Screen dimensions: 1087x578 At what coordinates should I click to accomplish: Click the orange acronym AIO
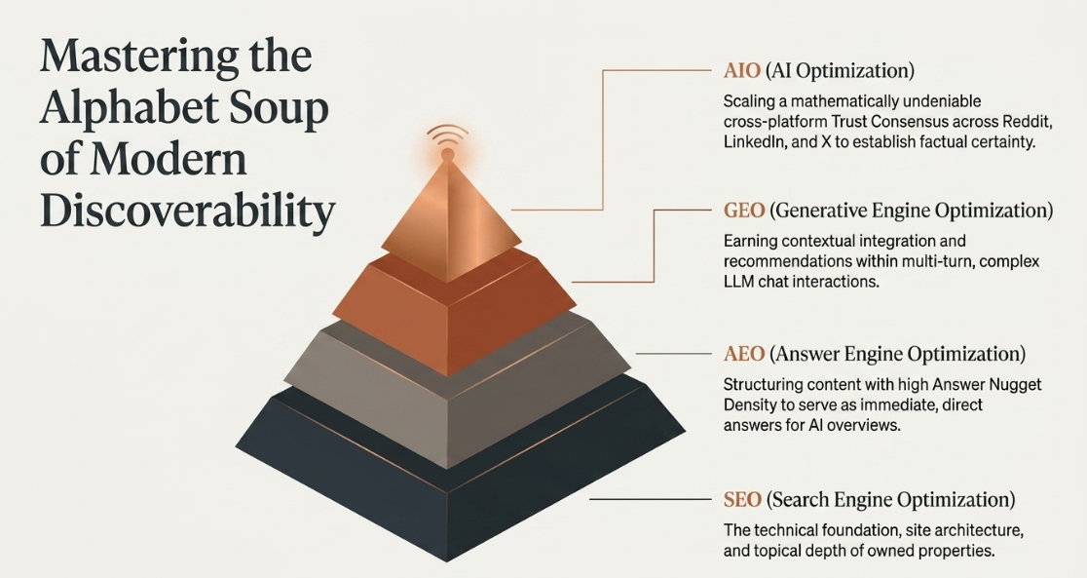point(742,71)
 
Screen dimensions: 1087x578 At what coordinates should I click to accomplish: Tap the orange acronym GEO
point(744,211)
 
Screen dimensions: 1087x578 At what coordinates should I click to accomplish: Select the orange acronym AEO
point(744,354)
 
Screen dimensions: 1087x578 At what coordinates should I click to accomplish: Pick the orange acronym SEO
point(742,500)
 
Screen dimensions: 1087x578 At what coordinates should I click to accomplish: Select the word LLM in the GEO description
point(739,283)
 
